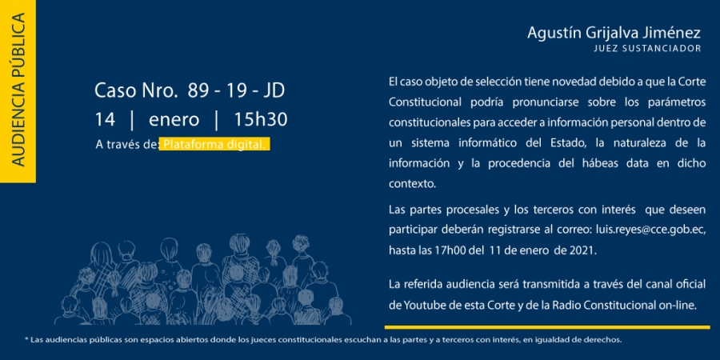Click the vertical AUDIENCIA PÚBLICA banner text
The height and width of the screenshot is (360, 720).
click(x=18, y=90)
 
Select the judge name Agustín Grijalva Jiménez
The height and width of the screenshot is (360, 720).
click(x=614, y=33)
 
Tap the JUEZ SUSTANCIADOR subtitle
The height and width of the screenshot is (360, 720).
click(x=647, y=48)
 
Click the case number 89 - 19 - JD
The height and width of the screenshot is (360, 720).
click(x=236, y=91)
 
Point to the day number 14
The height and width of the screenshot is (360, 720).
click(x=105, y=120)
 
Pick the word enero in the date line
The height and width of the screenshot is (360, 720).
click(x=174, y=120)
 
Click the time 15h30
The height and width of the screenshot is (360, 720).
click(x=260, y=120)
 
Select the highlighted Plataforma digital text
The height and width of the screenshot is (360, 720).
click(x=214, y=144)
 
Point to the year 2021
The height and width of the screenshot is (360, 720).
click(x=585, y=250)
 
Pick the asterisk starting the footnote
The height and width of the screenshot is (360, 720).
click(x=26, y=339)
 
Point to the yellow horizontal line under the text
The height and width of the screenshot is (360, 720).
click(x=547, y=327)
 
